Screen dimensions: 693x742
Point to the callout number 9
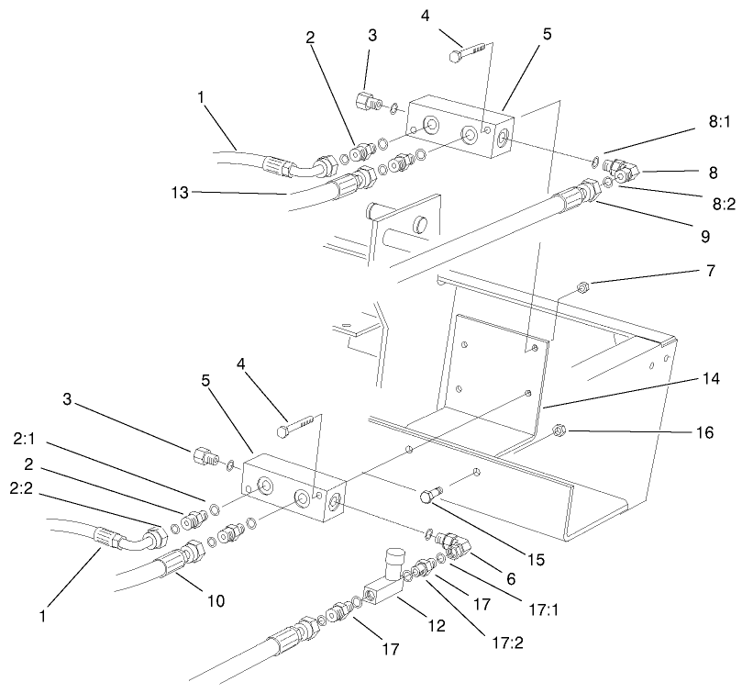pos(705,237)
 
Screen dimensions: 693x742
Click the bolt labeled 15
pos(429,496)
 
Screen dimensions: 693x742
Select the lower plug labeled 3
pos(205,454)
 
